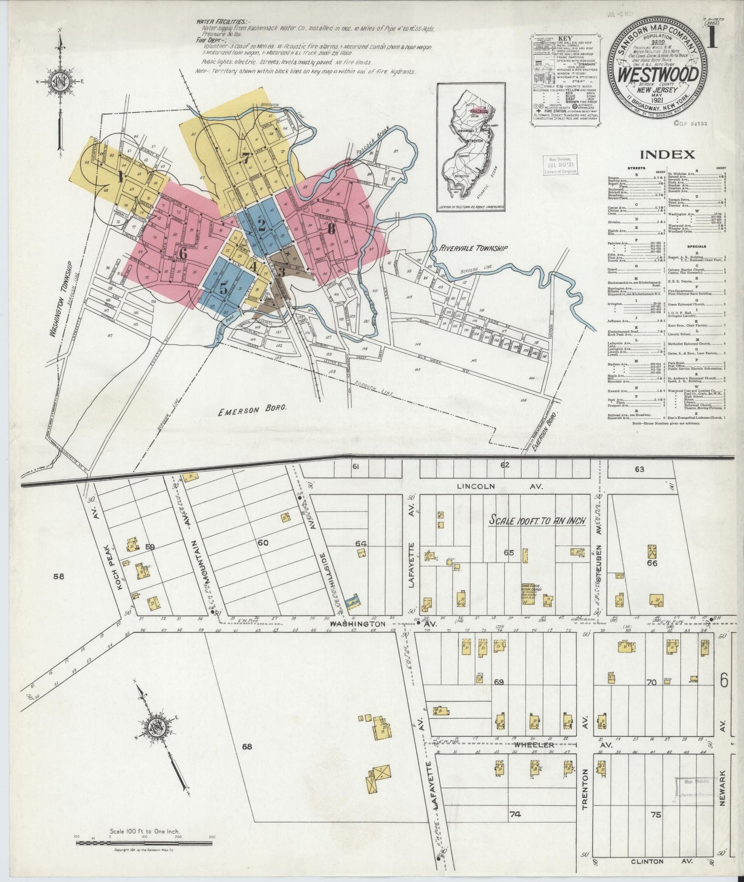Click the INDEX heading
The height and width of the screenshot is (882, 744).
(x=667, y=154)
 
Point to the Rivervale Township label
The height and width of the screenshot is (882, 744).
(x=473, y=248)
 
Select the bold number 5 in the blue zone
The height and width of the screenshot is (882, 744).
(x=223, y=289)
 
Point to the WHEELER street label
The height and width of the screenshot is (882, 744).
(x=532, y=745)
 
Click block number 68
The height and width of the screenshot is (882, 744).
(x=247, y=747)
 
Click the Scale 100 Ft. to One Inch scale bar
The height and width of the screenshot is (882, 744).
(x=144, y=843)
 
